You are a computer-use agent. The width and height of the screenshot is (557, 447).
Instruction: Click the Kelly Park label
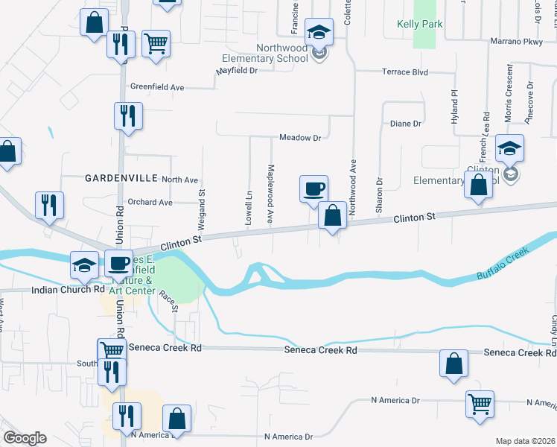click(419, 25)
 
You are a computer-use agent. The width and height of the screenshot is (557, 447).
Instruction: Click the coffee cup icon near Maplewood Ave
click(313, 188)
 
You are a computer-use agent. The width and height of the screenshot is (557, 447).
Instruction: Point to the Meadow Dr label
click(300, 138)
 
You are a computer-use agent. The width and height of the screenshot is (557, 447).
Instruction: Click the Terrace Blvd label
click(405, 72)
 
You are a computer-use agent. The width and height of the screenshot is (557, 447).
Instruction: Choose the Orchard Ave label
click(150, 202)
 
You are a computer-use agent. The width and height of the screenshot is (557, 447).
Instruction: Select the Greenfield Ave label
click(156, 87)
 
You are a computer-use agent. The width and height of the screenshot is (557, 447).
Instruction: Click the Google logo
click(25, 437)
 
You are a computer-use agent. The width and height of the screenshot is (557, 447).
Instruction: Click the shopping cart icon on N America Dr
click(480, 405)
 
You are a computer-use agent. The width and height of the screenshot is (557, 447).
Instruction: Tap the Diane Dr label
click(406, 124)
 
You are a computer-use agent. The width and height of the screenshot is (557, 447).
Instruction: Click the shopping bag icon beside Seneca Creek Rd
click(453, 364)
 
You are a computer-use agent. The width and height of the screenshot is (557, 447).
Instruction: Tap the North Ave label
click(180, 180)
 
